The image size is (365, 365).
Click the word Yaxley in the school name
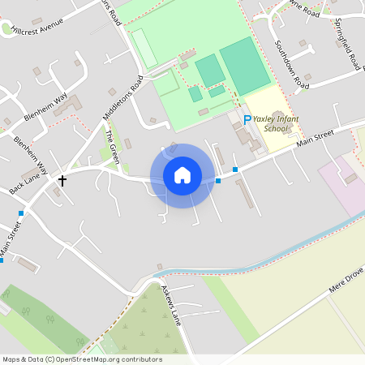[x=264, y=119]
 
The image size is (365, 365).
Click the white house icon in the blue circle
[x=182, y=174]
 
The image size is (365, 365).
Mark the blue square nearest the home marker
[x=217, y=180]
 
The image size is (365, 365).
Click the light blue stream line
[x=268, y=244]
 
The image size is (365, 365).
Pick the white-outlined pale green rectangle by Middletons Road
[x=144, y=47]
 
